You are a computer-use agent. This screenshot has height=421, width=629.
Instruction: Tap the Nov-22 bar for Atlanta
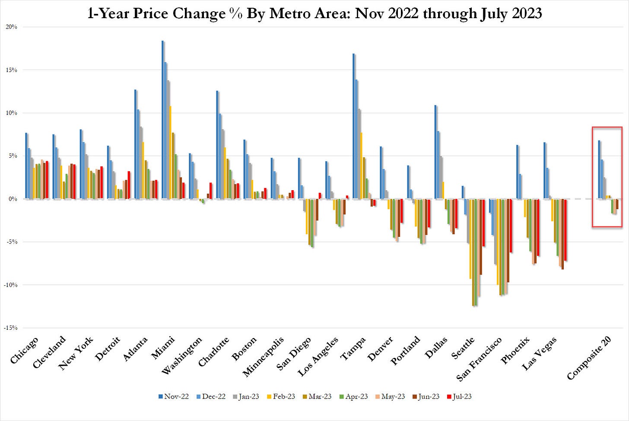pos(135,144)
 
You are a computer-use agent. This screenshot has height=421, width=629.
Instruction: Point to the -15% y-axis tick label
pos(11,328)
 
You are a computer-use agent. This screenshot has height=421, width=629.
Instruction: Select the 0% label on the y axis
pos(13,199)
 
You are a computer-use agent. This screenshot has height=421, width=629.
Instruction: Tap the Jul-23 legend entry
pos(460,396)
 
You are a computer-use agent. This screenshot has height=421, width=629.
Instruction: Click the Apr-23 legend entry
pos(354,396)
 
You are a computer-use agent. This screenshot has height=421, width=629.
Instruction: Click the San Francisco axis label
pos(480,359)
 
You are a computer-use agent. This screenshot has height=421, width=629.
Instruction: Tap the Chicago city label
pos(24,350)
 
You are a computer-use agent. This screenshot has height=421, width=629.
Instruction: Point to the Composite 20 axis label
pos(589,358)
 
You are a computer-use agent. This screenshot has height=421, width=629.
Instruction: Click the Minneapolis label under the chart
pos(264,357)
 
